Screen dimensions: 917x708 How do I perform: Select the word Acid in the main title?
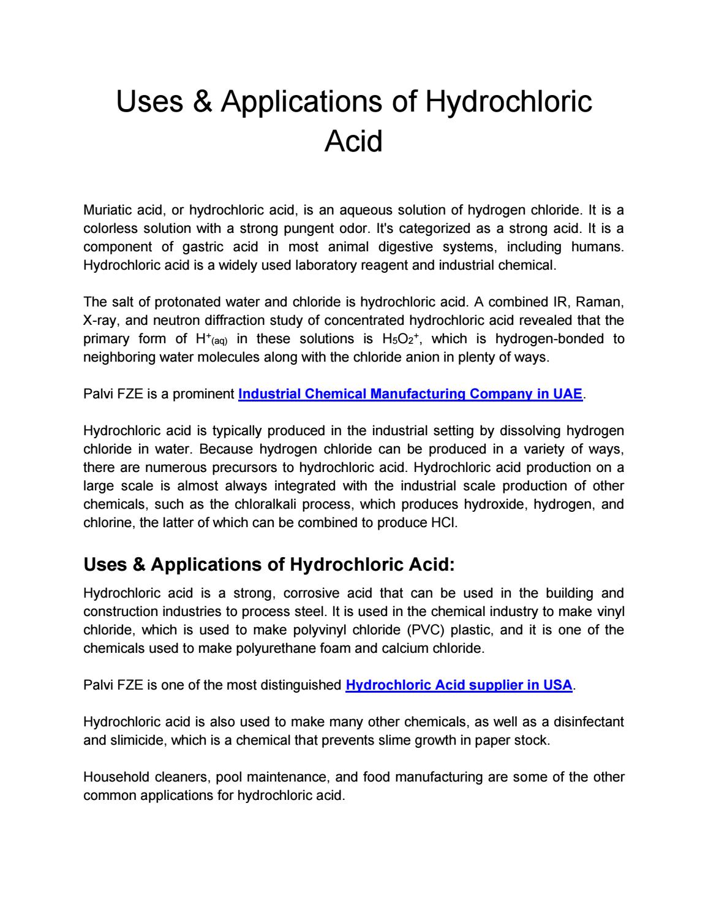click(353, 141)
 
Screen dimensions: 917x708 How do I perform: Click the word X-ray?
click(100, 320)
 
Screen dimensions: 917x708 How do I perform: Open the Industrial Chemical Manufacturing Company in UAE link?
click(410, 394)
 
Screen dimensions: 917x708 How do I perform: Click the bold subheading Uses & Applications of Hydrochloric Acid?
click(269, 564)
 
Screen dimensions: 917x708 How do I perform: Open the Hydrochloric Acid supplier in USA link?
click(459, 685)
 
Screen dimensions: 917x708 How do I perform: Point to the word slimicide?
click(137, 740)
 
